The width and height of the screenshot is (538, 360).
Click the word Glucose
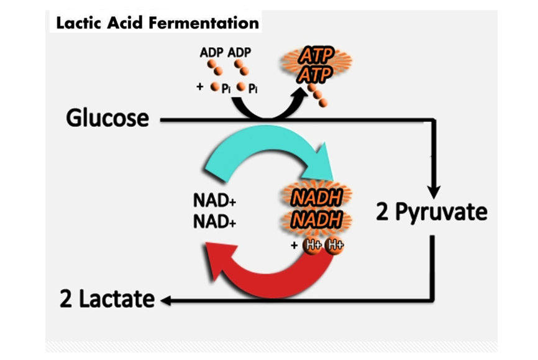(x=107, y=118)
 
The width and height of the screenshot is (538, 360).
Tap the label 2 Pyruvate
(x=432, y=213)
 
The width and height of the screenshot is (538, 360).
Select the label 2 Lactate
(x=107, y=299)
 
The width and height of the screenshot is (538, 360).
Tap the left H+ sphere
(x=311, y=245)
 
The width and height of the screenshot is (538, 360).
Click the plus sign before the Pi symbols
(x=200, y=87)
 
